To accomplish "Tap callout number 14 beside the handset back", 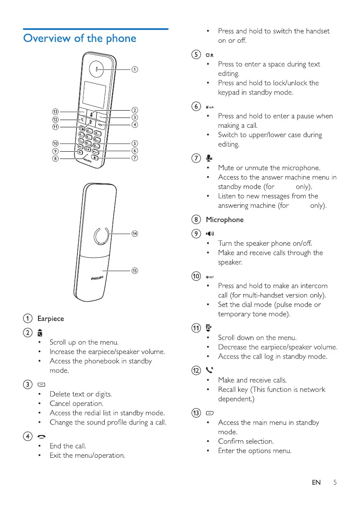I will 135,234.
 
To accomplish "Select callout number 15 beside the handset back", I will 135,271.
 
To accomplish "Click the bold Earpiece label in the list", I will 50,318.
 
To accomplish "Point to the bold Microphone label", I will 224,220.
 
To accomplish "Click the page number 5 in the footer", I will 335,483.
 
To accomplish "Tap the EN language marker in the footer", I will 316,483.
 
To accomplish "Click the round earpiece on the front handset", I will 97,68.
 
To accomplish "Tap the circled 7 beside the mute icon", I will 196,159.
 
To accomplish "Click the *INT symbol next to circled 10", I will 212,276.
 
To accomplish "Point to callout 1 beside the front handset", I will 134,69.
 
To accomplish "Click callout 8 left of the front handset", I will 55,159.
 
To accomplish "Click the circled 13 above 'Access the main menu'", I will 196,413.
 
